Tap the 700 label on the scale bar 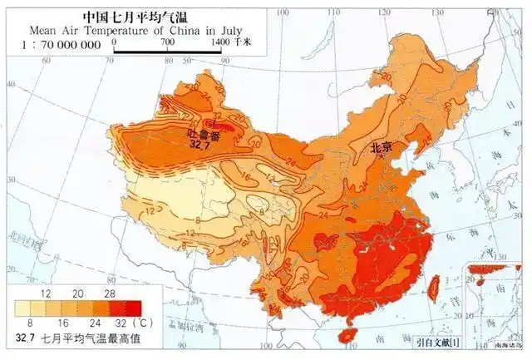[167, 41]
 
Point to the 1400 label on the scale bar [221, 41]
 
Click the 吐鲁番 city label [204, 133]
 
